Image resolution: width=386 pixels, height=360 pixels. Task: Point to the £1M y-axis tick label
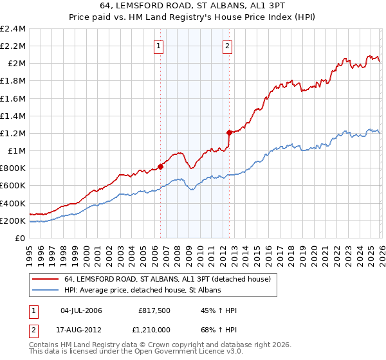click(x=17, y=151)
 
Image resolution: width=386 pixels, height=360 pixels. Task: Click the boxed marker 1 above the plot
click(x=158, y=46)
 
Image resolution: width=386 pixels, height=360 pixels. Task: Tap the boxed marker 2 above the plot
click(x=228, y=46)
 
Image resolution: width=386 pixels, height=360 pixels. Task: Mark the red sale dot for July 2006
click(x=160, y=166)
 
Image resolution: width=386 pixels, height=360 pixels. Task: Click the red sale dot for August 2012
click(x=229, y=132)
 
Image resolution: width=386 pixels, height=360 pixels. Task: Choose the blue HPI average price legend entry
click(x=142, y=291)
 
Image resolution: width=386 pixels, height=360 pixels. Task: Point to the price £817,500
click(x=153, y=311)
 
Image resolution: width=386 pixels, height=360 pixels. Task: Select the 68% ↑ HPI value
click(x=219, y=329)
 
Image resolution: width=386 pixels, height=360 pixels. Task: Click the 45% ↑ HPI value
click(x=219, y=311)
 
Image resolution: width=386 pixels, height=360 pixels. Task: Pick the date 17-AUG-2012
click(x=81, y=329)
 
